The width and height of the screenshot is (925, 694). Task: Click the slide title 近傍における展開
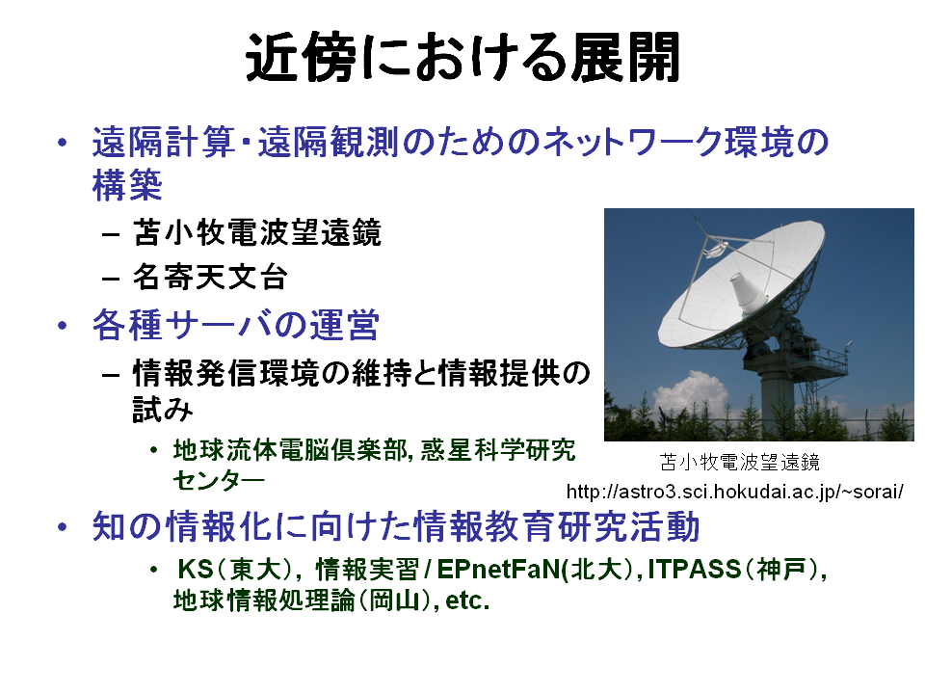[x=462, y=58]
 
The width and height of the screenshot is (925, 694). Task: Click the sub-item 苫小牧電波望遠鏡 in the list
[x=257, y=232]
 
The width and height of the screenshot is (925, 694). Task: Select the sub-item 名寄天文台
[x=210, y=277]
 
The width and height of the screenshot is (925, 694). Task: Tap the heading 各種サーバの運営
[x=235, y=325]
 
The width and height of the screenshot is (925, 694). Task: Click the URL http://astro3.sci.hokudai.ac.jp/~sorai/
[x=734, y=491]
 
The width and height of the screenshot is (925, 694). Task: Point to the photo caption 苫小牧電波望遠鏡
[x=740, y=462]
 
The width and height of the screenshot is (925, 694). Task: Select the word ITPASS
[x=695, y=570]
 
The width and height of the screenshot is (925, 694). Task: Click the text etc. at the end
[x=467, y=601]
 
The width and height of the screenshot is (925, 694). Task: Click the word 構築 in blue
[x=127, y=185]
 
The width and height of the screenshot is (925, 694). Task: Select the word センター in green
[x=219, y=481]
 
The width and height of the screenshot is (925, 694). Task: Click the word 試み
[x=163, y=409]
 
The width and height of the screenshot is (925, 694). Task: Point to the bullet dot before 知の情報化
[x=62, y=526]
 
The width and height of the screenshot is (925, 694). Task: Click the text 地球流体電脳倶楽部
[x=289, y=450]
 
